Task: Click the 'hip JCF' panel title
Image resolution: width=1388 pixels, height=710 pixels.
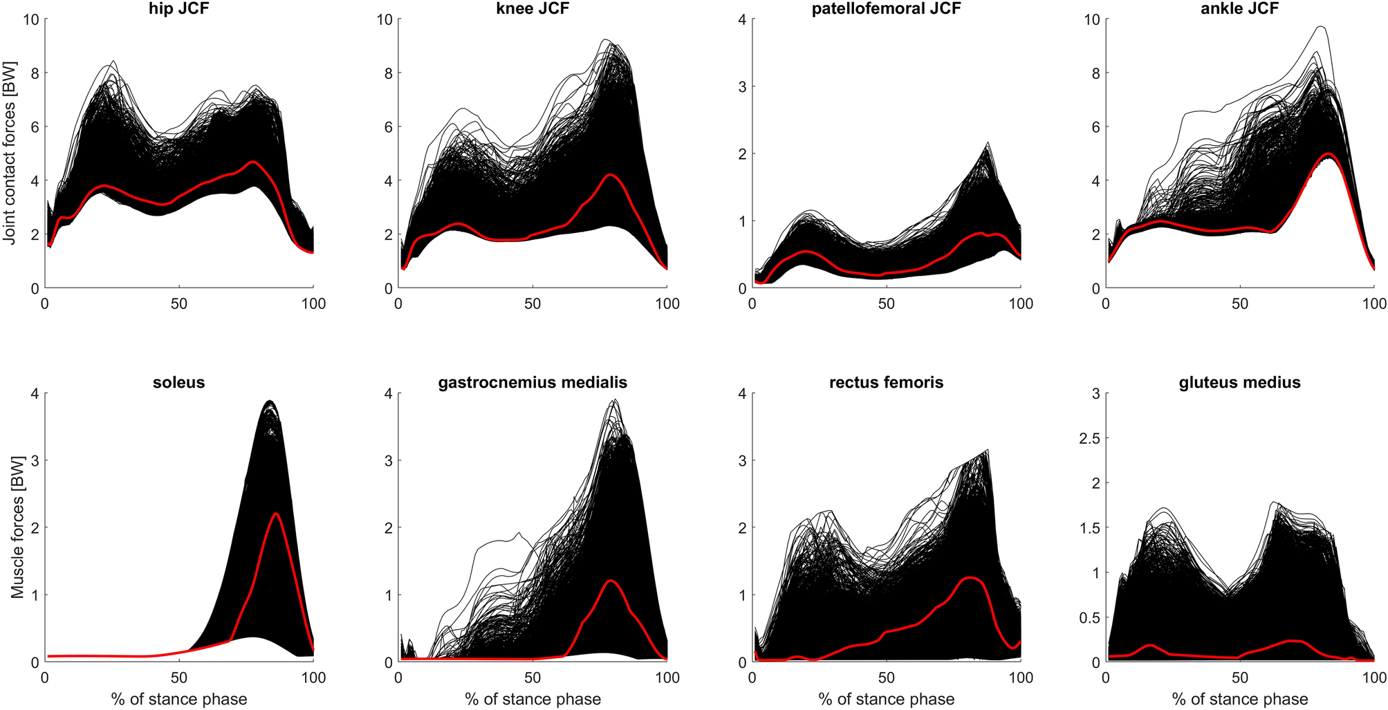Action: click(178, 8)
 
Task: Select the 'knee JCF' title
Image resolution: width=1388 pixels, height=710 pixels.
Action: click(533, 8)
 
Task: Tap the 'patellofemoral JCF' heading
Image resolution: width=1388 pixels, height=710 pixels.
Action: click(887, 8)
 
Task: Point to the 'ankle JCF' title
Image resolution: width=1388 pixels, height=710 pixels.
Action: click(1240, 8)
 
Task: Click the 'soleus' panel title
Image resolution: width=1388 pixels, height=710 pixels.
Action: click(178, 382)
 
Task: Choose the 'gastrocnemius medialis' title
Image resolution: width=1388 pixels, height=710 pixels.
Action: click(533, 382)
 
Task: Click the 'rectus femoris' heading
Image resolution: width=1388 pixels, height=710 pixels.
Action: click(887, 382)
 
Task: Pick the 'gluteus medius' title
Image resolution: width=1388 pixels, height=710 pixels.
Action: click(1240, 382)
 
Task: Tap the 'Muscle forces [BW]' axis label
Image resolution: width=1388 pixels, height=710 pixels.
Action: click(17, 527)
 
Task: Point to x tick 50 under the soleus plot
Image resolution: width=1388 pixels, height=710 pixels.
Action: click(178, 678)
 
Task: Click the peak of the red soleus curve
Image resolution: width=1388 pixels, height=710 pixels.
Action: click(276, 514)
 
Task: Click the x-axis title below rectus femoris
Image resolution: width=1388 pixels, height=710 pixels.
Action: click(887, 699)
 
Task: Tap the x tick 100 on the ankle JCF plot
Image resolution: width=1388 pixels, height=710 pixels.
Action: click(1373, 303)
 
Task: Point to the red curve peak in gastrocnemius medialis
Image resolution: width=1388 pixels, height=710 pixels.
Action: click(611, 580)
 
